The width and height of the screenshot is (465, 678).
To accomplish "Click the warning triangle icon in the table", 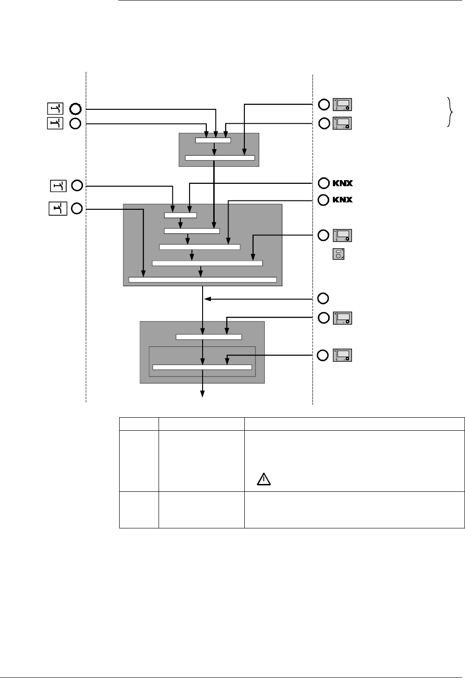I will tap(263, 480).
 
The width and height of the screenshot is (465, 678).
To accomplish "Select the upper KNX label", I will tap(343, 183).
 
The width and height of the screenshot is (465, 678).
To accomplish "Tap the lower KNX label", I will tap(343, 200).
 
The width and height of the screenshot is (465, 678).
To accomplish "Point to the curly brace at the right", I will tap(449, 112).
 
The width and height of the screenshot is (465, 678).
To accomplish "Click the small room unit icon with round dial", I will tap(338, 254).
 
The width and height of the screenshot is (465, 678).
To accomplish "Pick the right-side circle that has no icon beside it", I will tap(324, 298).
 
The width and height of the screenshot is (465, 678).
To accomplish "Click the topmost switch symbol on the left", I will tap(55, 109).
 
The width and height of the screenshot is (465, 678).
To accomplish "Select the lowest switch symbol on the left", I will tap(58, 209).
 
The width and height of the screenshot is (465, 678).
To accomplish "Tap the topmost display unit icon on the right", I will tap(342, 105).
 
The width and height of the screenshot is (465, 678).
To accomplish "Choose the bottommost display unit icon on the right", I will tap(342, 355).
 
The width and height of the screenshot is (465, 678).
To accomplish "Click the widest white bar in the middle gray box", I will tap(203, 280).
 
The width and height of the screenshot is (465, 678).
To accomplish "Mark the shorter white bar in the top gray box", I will tap(213, 140).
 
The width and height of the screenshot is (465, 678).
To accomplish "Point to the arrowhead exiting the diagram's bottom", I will tap(203, 394).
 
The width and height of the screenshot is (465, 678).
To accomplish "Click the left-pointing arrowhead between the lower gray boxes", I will tap(207, 299).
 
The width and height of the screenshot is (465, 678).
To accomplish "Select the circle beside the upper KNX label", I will tap(324, 183).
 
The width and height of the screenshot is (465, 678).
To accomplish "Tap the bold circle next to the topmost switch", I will tap(75, 109).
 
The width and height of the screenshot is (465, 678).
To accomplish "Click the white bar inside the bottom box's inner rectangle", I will tap(202, 367).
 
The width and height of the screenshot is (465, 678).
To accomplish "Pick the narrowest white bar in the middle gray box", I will tap(180, 215).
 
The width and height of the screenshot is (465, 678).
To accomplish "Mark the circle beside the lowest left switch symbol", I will tap(77, 209).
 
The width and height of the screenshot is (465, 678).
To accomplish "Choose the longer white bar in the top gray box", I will tap(220, 158).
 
